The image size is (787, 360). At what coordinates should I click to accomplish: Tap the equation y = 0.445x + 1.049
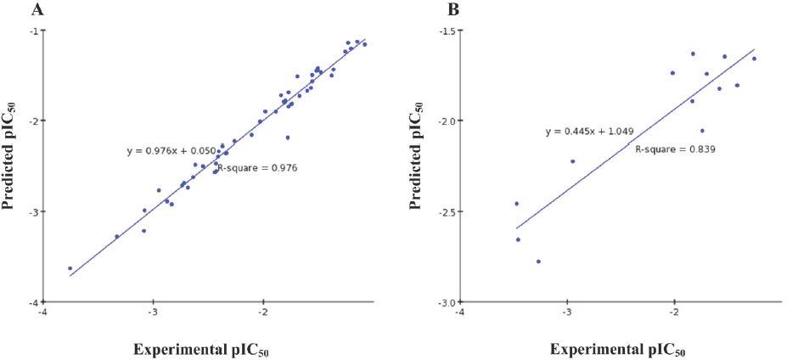point(591,132)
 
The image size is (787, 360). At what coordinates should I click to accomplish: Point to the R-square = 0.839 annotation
point(676,149)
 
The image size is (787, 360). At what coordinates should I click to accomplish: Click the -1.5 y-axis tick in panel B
point(446,30)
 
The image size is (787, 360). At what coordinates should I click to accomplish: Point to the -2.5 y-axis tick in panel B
point(446,211)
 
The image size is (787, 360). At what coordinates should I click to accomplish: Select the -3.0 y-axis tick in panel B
point(446,301)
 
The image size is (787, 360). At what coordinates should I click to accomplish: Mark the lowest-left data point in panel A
point(70,268)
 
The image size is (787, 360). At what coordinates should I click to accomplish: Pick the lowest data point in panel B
point(538,262)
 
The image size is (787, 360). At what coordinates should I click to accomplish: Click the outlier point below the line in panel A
point(288,138)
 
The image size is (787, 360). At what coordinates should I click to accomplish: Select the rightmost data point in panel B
point(754,59)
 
